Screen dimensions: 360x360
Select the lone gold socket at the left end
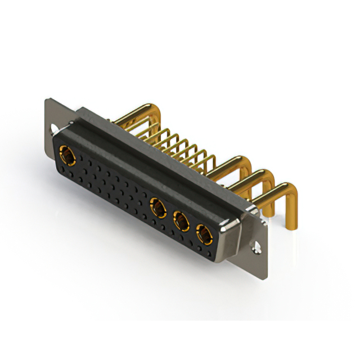pos(67,154)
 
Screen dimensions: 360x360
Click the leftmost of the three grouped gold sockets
pos(158,209)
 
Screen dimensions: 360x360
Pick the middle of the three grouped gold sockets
pos(181,221)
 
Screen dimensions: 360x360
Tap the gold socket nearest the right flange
pos(202,233)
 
